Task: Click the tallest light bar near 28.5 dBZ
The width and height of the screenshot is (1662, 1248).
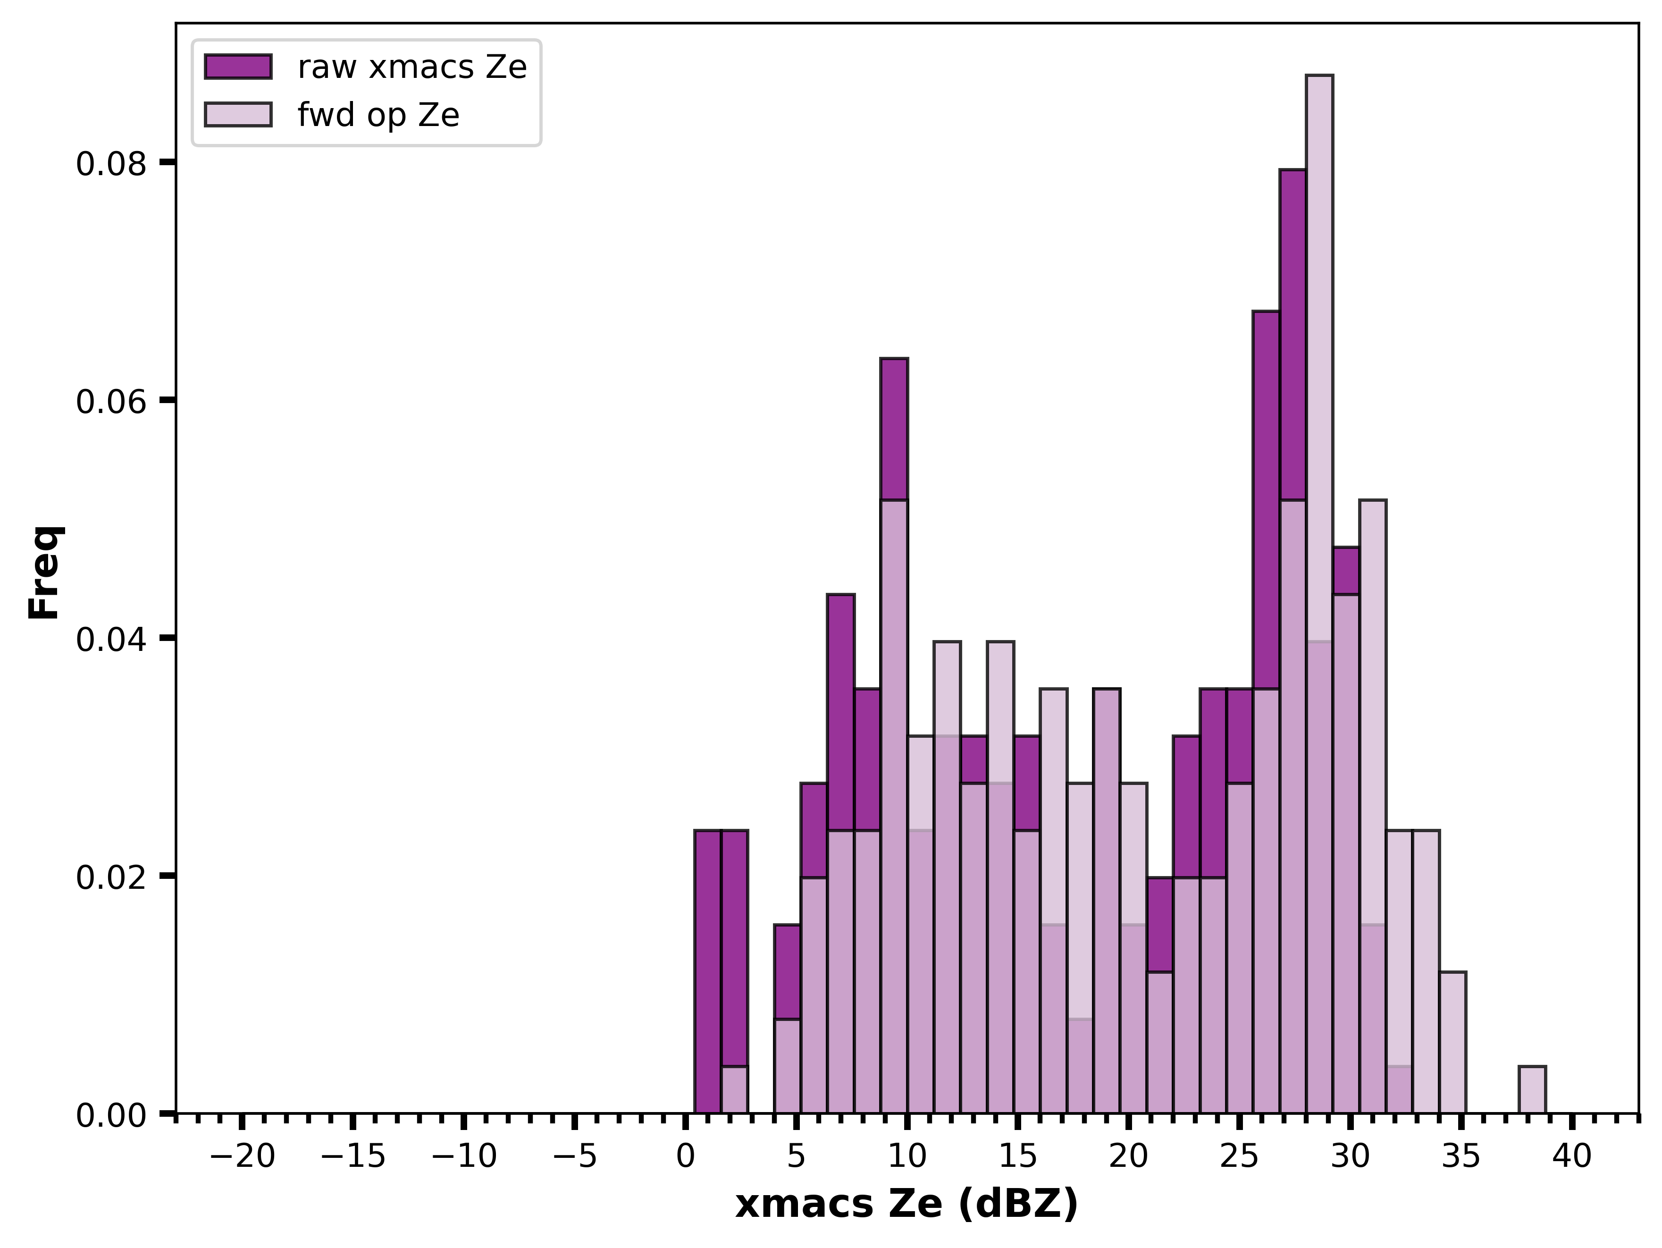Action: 1319,594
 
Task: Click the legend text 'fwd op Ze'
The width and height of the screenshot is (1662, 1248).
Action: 378,115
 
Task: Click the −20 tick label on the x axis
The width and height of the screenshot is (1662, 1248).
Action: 242,1157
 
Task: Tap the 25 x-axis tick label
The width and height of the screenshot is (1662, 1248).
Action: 1240,1157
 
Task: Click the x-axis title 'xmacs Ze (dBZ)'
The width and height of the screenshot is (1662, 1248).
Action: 907,1205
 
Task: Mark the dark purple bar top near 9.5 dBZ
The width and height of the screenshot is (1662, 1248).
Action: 894,359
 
